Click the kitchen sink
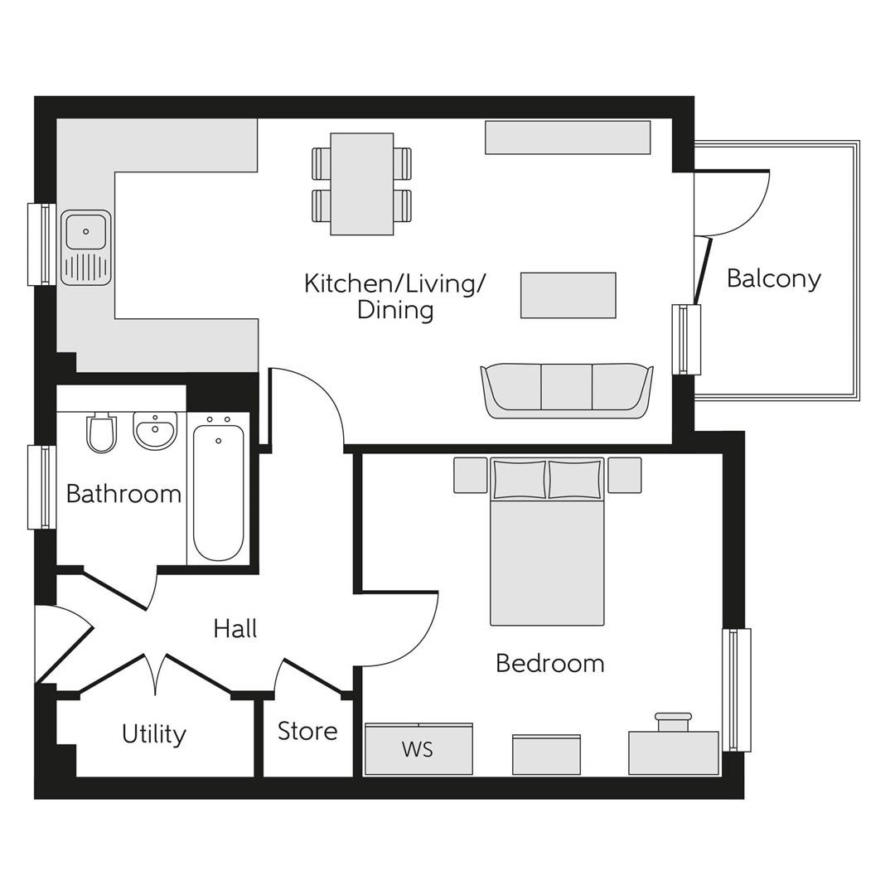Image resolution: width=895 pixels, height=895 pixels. coord(86,248)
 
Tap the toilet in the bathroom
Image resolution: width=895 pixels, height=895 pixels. coord(101,433)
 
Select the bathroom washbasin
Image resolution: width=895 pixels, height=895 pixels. coord(155,430)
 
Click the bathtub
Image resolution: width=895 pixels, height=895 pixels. coord(219,492)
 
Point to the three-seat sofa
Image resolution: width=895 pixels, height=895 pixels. coord(567,389)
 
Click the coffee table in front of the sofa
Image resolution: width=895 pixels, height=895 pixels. coord(568,295)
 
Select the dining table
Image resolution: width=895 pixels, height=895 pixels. coord(361,184)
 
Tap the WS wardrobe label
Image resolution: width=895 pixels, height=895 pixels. coord(418,749)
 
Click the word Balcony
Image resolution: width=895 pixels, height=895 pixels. coord(773,278)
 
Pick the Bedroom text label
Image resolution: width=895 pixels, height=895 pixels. coord(549,663)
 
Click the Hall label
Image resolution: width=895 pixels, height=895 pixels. coord(235,628)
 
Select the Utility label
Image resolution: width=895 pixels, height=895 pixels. coord(153,734)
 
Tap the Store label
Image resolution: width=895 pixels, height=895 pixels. coord(307,731)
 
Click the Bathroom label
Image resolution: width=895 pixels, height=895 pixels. coord(123,494)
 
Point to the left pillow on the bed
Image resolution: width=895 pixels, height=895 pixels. coord(519,480)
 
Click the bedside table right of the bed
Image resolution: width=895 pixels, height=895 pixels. coord(624,475)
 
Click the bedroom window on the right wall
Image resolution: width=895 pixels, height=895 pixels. coord(737,689)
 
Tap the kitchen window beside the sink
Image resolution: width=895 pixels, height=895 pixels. coord(41,244)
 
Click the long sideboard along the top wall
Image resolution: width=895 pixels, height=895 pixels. coord(568,138)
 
